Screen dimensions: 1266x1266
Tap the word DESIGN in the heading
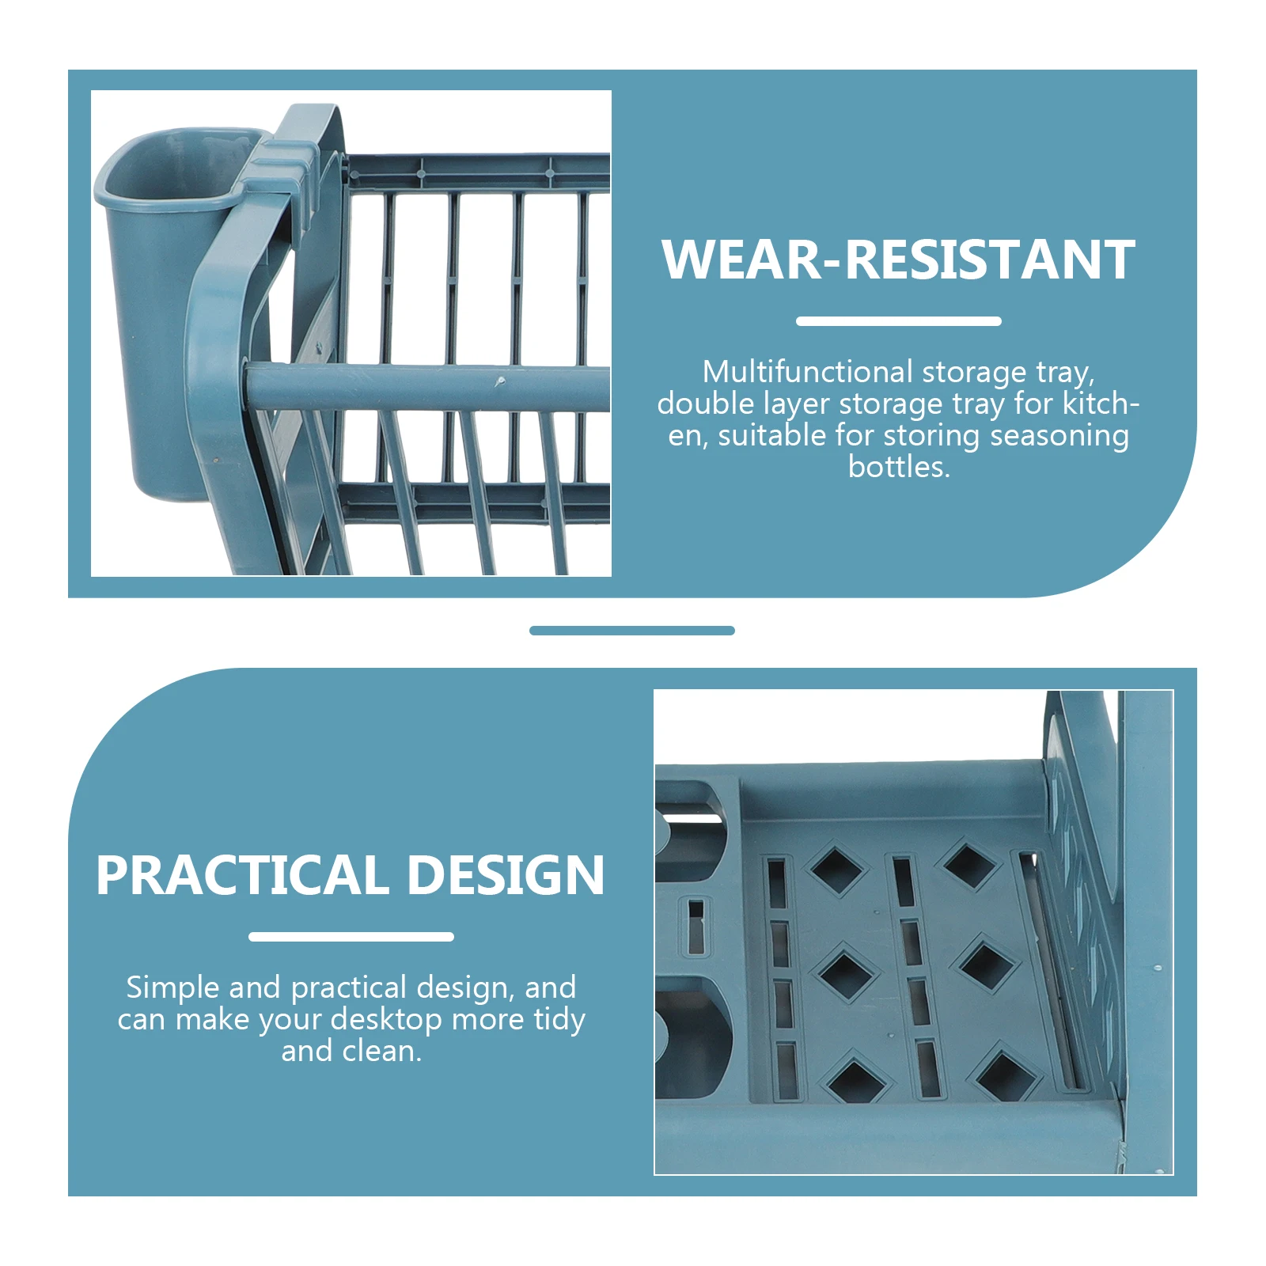click(506, 875)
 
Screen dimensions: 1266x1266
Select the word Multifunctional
click(807, 372)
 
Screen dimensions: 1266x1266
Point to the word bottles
click(898, 467)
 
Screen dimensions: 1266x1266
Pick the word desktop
click(386, 1019)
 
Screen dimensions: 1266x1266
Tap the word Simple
click(172, 987)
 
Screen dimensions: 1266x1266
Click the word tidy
click(559, 1019)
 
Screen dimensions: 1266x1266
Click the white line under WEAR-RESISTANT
click(898, 321)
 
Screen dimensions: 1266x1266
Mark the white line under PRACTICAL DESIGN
click(351, 937)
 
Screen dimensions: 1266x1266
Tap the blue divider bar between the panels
click(631, 631)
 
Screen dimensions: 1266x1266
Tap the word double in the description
click(705, 404)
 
